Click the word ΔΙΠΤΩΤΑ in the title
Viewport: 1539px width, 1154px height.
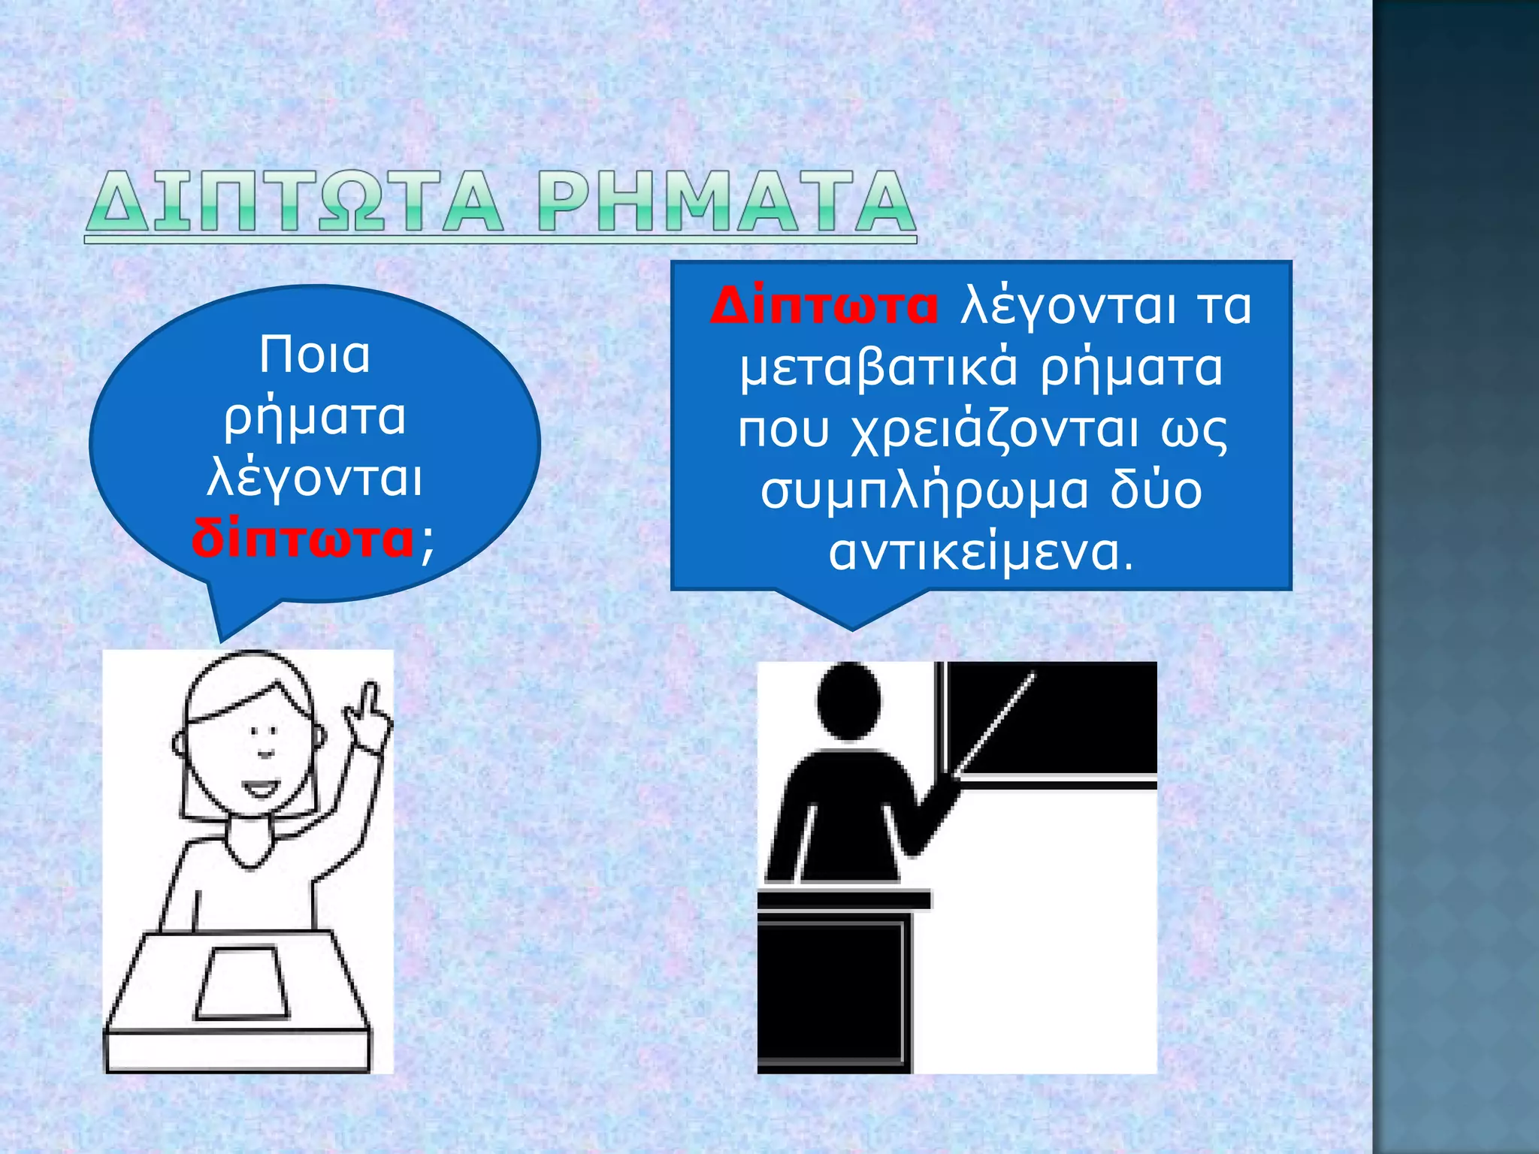pos(293,201)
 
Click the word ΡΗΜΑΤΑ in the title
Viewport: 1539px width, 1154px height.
pos(727,201)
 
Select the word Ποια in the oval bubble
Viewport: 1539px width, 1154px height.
pos(314,355)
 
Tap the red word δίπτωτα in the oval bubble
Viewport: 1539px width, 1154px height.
pos(302,539)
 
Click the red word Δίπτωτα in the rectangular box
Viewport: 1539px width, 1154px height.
pos(824,307)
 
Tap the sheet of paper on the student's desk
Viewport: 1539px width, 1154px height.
pos(243,983)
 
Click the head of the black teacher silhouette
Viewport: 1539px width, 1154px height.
pos(849,700)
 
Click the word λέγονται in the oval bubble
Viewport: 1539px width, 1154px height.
pos(314,478)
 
